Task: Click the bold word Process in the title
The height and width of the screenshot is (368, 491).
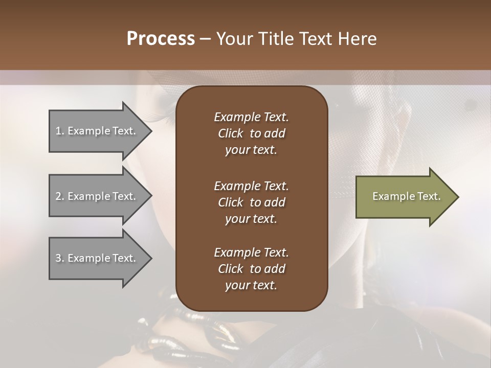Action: (x=161, y=39)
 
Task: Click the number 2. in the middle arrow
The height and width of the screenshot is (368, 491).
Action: (x=60, y=196)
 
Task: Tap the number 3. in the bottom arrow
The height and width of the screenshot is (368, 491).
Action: (x=60, y=258)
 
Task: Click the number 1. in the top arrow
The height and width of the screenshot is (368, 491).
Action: (x=59, y=131)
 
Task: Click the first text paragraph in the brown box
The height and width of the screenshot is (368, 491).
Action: (x=251, y=133)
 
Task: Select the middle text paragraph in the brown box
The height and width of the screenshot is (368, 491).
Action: (x=251, y=202)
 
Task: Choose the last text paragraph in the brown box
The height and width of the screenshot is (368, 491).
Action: (x=251, y=269)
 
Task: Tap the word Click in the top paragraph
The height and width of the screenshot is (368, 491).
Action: (x=230, y=133)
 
